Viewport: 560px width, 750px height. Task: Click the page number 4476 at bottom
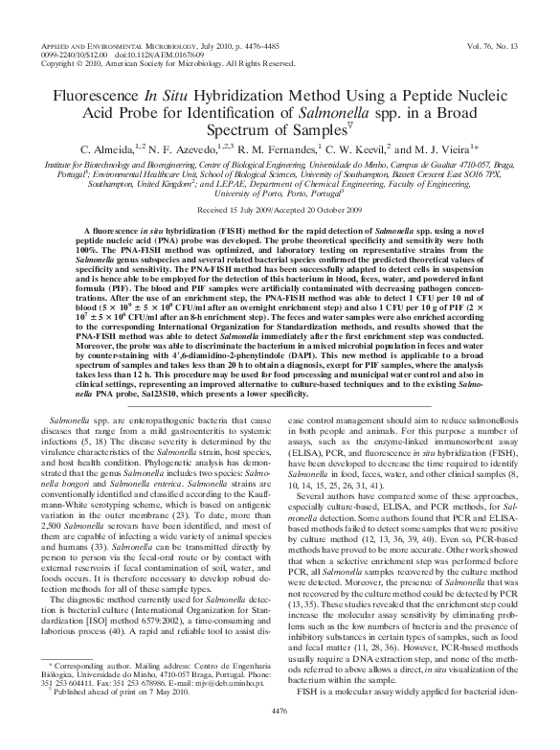pos(280,736)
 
